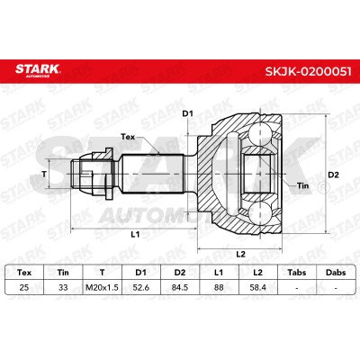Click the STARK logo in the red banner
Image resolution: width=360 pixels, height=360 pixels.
click(x=38, y=70)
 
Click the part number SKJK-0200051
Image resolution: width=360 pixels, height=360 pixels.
click(x=308, y=71)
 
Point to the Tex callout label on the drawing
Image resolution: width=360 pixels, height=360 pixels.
click(x=128, y=137)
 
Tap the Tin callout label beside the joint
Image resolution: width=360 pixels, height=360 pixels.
click(x=302, y=185)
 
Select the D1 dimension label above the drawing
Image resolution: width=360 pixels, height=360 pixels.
click(x=188, y=113)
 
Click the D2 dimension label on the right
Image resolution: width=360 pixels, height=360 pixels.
click(x=333, y=175)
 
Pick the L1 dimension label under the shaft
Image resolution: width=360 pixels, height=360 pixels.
click(x=135, y=234)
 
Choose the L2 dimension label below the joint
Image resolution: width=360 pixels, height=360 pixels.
click(x=240, y=255)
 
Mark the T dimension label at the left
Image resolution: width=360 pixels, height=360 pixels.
click(x=44, y=174)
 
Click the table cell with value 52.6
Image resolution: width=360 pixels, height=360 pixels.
click(x=141, y=287)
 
